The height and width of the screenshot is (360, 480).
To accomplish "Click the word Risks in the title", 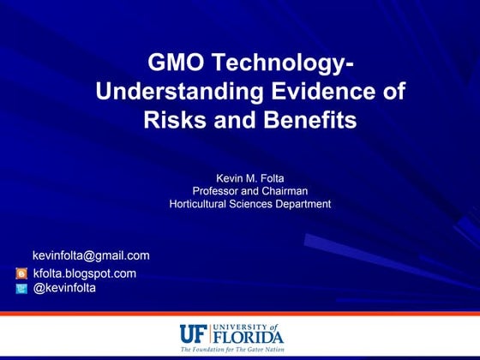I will [171, 120].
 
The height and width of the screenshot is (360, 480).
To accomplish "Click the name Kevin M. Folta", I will [249, 177].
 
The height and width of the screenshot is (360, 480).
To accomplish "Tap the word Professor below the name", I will [219, 190].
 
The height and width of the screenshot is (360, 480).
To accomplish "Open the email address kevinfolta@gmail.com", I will [91, 255].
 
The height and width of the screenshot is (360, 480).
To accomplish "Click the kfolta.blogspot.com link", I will [84, 273].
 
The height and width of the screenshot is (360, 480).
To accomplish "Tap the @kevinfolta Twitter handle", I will [64, 288].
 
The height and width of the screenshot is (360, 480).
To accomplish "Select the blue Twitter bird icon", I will [21, 289].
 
